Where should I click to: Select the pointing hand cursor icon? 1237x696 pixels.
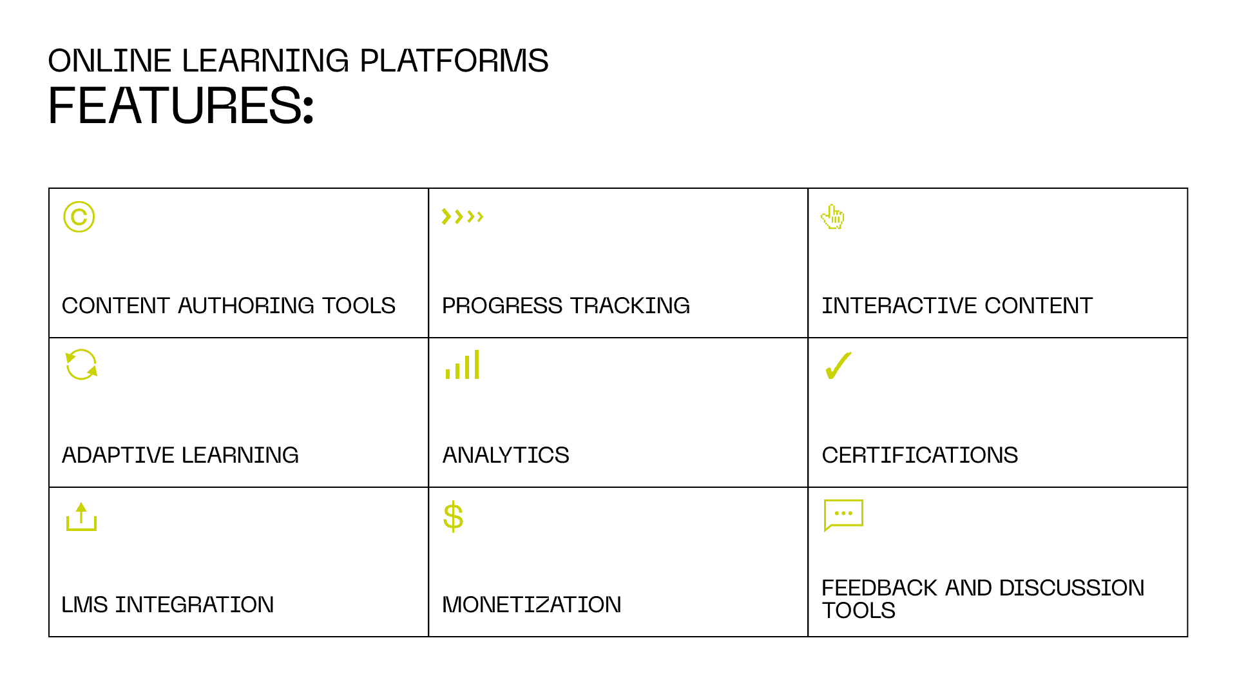click(832, 217)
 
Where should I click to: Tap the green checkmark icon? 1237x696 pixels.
click(838, 365)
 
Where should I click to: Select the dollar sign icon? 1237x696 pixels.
click(454, 516)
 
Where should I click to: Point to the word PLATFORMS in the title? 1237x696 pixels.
click(454, 61)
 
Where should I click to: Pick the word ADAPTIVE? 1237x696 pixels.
click(119, 455)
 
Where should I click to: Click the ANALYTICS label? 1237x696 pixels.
click(506, 455)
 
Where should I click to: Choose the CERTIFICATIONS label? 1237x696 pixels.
click(920, 455)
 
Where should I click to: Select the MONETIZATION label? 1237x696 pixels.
click(532, 604)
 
